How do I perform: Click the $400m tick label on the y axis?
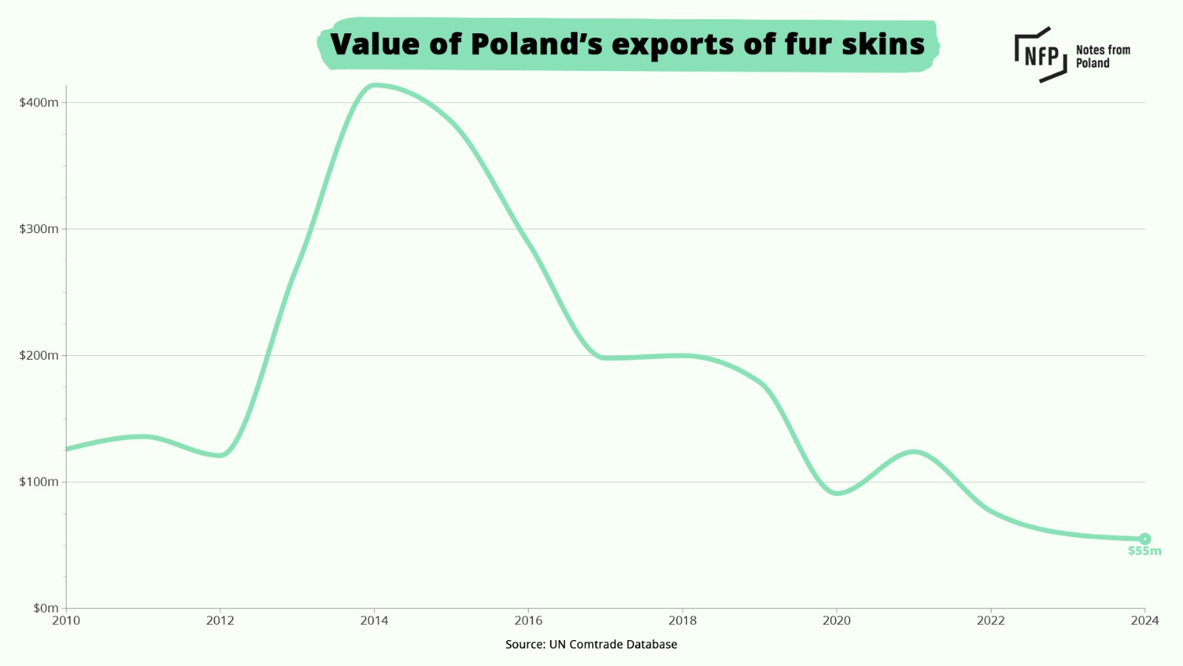(39, 103)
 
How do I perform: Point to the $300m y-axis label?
(39, 229)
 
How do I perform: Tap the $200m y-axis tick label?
(39, 356)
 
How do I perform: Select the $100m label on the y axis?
(39, 482)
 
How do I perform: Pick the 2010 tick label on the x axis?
(66, 621)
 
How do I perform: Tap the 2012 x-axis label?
(220, 621)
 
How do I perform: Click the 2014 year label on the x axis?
(374, 621)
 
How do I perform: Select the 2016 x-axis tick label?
(529, 621)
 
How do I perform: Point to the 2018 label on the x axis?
(682, 621)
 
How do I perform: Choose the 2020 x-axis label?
(837, 621)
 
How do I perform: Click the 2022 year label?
(991, 621)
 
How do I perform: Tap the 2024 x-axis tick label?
(1145, 621)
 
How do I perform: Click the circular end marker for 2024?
(1145, 539)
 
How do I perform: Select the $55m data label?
(1145, 551)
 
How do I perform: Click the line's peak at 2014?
(374, 85)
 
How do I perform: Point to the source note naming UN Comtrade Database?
(591, 645)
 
